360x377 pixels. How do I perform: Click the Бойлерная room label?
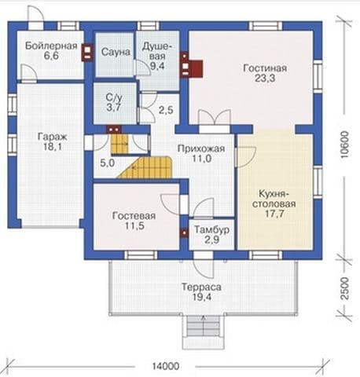point(51,46)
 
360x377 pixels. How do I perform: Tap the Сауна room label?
point(116,52)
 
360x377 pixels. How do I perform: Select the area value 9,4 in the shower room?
point(157,66)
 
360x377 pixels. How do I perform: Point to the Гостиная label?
point(265,68)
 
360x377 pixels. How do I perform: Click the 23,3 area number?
point(265,79)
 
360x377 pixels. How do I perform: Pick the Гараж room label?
point(53,137)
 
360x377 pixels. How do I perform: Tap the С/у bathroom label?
point(114,98)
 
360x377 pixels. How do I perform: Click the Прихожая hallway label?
point(201,148)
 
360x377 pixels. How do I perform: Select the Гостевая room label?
point(134,216)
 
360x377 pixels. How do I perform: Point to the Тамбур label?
point(211,230)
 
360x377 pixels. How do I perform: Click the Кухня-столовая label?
point(274,199)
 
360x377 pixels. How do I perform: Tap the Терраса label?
point(201,287)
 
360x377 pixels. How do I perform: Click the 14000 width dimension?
point(166,366)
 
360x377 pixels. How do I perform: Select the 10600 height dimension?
point(346,145)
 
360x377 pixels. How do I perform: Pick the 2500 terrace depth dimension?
point(346,288)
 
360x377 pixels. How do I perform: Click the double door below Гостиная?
point(215,121)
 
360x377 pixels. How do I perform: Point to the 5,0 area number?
point(108,163)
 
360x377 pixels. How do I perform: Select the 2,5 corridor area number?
point(166,110)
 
